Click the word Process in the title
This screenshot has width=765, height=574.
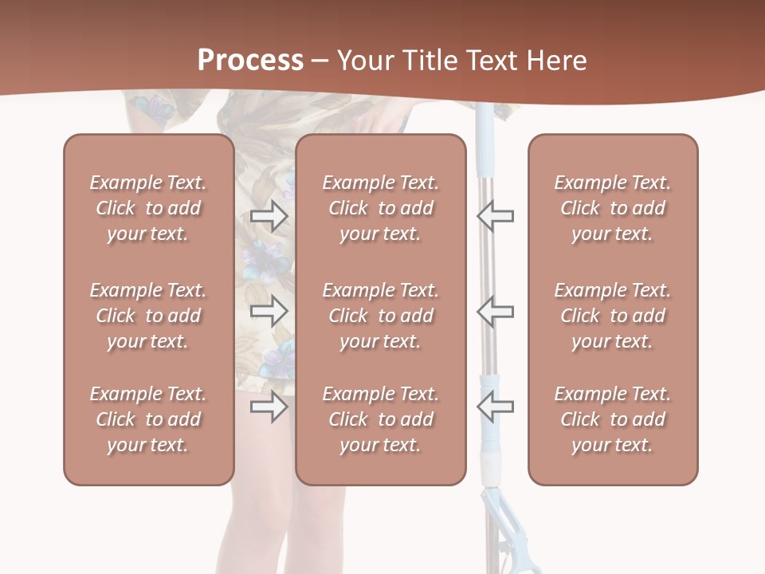250,61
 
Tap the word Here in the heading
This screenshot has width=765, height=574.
556,61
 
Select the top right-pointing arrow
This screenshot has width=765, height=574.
269,215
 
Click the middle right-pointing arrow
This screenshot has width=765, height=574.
269,311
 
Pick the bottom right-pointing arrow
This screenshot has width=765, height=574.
269,407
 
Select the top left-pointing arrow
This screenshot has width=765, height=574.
495,215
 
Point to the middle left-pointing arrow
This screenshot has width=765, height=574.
495,311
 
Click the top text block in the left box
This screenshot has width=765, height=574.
148,208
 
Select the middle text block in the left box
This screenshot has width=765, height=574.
148,316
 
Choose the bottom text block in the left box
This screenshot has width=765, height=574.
148,419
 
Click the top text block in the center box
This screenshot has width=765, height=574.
381,208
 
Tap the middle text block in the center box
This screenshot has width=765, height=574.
381,316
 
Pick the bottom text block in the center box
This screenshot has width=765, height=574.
381,419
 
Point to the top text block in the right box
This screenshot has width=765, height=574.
613,208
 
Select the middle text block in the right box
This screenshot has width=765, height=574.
613,316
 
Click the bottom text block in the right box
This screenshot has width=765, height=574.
613,419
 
